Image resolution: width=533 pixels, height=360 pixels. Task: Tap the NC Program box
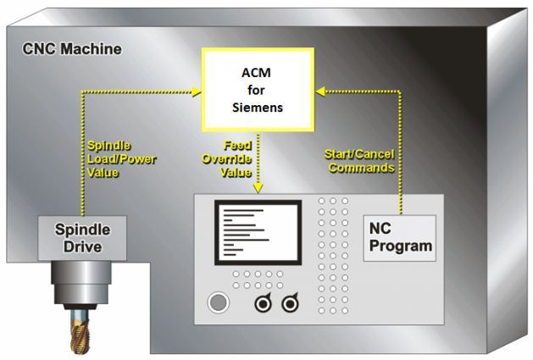(x=398, y=238)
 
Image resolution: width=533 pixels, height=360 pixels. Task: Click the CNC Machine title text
(x=71, y=49)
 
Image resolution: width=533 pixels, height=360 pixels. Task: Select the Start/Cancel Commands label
(x=360, y=160)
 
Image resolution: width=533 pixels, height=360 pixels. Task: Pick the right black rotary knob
(x=291, y=303)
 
